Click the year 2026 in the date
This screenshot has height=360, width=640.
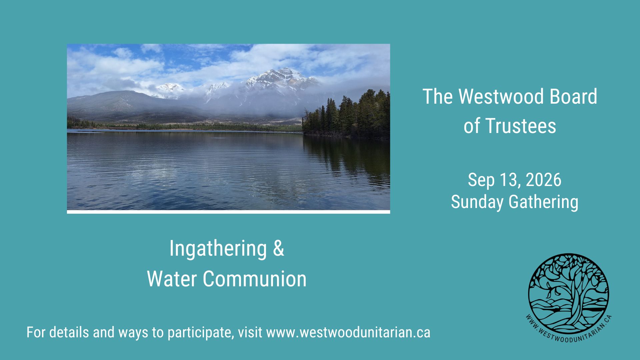[x=544, y=180]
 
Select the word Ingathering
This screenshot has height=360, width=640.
[x=218, y=249]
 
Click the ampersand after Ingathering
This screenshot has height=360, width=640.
[x=279, y=248]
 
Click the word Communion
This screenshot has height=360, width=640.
[x=255, y=279]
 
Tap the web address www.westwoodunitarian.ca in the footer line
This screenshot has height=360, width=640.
[x=348, y=333]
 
